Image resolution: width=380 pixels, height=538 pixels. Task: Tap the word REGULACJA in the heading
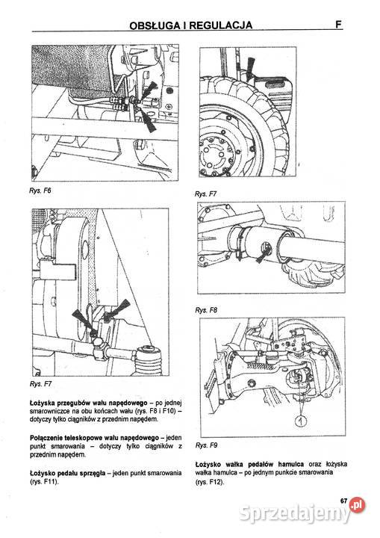221,25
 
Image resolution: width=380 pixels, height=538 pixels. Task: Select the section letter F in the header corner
338,25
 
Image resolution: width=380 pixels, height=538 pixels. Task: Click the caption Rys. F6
40,191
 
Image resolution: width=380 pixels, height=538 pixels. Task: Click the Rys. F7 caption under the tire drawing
205,194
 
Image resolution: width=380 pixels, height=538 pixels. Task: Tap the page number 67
344,501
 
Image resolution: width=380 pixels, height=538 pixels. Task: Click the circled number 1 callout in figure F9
301,421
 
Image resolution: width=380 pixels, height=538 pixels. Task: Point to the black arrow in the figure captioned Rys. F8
262,255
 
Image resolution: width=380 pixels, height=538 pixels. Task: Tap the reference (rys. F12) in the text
210,482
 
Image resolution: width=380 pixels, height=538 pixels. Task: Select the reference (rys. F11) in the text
44,481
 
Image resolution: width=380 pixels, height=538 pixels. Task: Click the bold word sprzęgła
93,474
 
